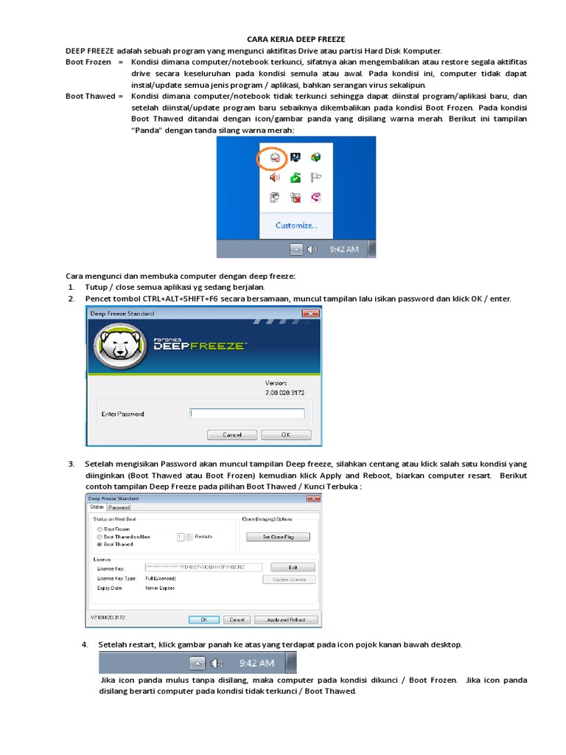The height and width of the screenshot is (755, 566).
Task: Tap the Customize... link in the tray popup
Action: point(296,225)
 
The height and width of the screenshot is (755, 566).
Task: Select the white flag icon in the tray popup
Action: point(316,177)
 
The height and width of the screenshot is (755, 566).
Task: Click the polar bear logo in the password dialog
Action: point(120,345)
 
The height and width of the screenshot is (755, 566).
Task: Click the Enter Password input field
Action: point(247,414)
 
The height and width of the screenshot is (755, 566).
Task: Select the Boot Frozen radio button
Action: point(99,529)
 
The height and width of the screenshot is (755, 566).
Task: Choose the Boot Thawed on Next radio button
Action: point(99,537)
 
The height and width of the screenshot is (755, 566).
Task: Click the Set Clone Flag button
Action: point(277,537)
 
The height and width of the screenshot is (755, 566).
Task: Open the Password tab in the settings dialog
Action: point(119,508)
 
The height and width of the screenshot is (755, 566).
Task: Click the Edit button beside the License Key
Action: point(293,567)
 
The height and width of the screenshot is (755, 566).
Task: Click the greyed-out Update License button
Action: point(289,580)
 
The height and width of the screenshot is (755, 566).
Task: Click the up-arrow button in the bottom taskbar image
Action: point(197,664)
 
